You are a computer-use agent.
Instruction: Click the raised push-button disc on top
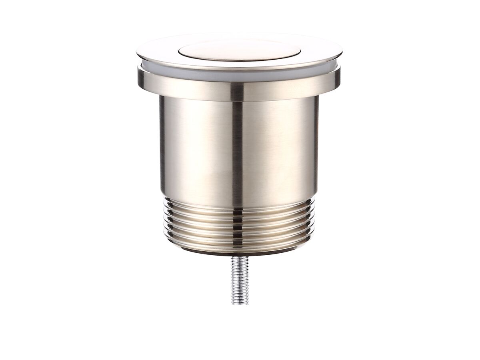click(239, 50)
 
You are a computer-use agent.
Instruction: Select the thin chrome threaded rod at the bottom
click(240, 280)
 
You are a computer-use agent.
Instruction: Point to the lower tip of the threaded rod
click(240, 303)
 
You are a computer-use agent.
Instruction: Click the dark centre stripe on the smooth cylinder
click(237, 152)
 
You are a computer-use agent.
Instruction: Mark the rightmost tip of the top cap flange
click(342, 52)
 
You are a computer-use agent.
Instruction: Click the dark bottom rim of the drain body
click(239, 252)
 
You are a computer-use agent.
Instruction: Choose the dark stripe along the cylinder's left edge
click(162, 148)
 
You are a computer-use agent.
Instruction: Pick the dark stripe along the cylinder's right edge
click(316, 148)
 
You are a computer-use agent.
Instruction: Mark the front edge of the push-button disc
click(239, 60)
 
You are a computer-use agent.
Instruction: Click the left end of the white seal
click(141, 68)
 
